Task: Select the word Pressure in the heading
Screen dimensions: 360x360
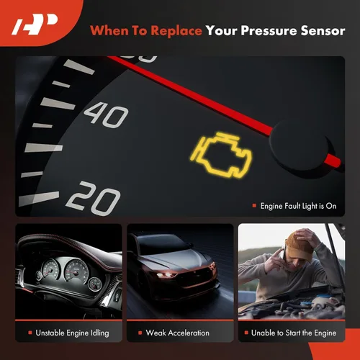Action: click(266, 30)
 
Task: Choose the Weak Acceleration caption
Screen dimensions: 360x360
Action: click(177, 333)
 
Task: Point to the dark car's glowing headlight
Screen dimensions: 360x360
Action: click(168, 274)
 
